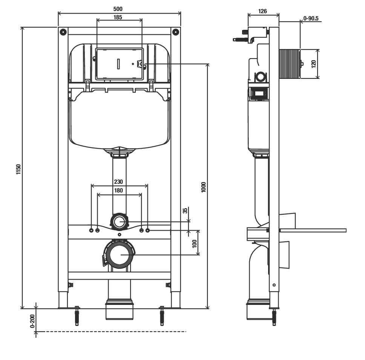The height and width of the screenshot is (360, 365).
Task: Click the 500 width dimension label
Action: pyautogui.click(x=118, y=9)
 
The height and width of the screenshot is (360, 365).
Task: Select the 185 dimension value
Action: pyautogui.click(x=118, y=17)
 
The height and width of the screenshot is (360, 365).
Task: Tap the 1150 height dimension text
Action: pyautogui.click(x=18, y=169)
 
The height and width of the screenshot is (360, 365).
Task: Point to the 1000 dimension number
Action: pyautogui.click(x=204, y=187)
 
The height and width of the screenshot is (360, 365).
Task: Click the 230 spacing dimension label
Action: pyautogui.click(x=118, y=182)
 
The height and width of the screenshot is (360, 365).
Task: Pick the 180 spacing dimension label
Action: pyautogui.click(x=118, y=190)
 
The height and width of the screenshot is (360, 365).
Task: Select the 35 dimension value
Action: pyautogui.click(x=185, y=211)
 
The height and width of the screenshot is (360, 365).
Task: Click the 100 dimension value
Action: pyautogui.click(x=195, y=244)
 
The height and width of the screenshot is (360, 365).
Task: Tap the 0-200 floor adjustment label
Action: pyautogui.click(x=32, y=321)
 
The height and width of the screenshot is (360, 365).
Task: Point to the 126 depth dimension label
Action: pyautogui.click(x=262, y=11)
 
